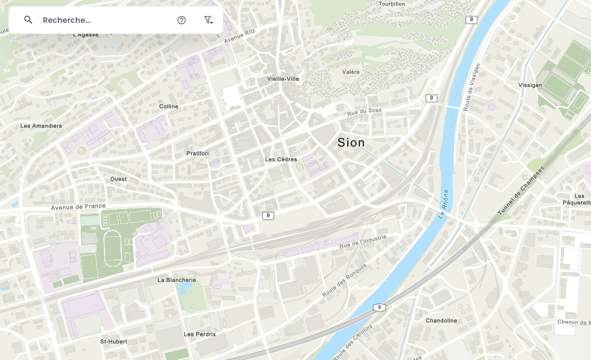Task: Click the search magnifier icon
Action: [x=28, y=20]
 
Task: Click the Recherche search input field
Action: [x=100, y=20]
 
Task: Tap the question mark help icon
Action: [x=182, y=20]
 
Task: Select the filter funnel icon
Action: [x=208, y=20]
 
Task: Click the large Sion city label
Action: [x=351, y=143]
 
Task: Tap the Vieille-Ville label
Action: [x=283, y=79]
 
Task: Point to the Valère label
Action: [x=351, y=72]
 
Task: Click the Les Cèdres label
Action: [x=281, y=159]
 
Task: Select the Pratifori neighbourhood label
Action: [x=197, y=153]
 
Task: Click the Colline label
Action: [x=169, y=106]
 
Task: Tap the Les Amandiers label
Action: [x=41, y=126]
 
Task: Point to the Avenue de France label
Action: [x=78, y=207]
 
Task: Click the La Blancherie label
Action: [x=177, y=280]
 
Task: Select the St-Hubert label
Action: [x=114, y=341]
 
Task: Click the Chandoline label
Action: [x=441, y=320]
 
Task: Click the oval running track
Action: [x=116, y=249]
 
